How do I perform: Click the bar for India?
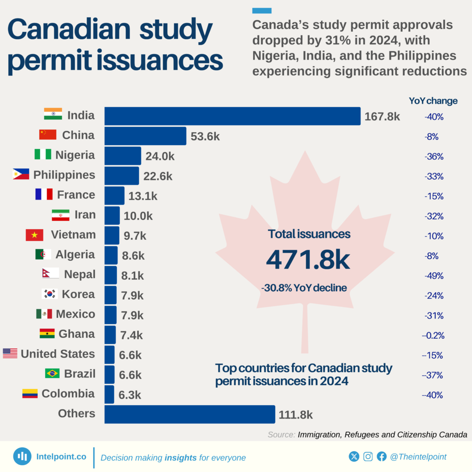coord(232,116)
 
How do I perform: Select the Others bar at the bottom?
coord(189,414)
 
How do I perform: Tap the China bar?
coord(145,136)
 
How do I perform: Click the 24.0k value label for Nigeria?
coord(160,156)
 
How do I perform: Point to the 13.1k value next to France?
coord(143,196)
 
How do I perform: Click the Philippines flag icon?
coord(21,175)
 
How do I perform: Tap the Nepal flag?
coord(50,274)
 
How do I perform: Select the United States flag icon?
coord(10,354)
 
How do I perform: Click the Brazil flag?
coord(52,373)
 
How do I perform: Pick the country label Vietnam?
coord(73,235)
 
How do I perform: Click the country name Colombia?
coord(68,394)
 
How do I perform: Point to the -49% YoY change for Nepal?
coord(434,276)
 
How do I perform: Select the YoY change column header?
coord(433,101)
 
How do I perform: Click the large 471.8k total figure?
coord(308,260)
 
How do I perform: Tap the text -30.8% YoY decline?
coord(304,288)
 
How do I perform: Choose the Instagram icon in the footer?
coord(368,456)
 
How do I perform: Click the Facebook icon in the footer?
coord(381,456)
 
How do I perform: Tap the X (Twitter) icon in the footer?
coord(354,456)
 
